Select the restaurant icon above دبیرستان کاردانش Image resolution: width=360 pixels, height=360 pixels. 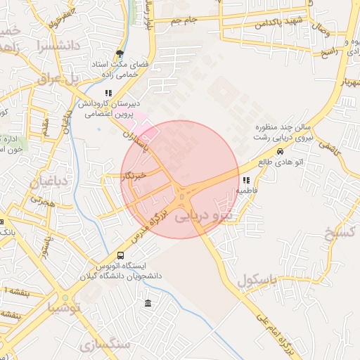[108, 93]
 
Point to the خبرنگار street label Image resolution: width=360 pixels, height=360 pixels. [132, 175]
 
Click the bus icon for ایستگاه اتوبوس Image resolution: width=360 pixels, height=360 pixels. [120, 255]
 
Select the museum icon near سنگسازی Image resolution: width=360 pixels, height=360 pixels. [147, 303]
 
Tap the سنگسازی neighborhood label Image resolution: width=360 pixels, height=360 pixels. [105, 345]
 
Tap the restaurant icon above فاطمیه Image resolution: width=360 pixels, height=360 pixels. [245, 180]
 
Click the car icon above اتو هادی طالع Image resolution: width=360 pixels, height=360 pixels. [281, 151]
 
